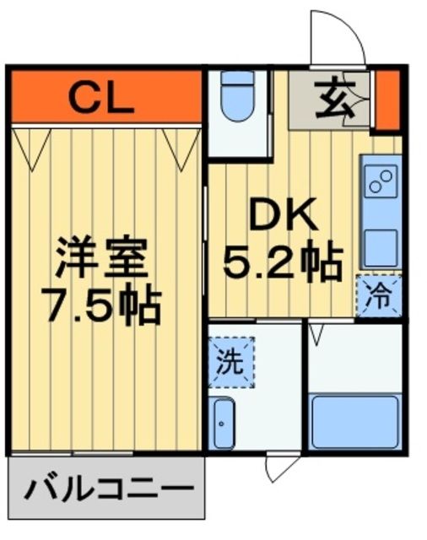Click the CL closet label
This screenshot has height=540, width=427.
click(x=100, y=98)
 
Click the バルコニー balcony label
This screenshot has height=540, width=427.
click(x=106, y=489)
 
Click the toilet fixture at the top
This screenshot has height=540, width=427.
click(x=237, y=98)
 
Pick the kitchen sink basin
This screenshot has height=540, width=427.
click(x=381, y=246)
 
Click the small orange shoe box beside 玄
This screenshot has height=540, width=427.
click(x=387, y=100)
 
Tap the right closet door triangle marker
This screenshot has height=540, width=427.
click(x=181, y=144)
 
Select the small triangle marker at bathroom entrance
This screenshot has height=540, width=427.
click(x=316, y=335)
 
